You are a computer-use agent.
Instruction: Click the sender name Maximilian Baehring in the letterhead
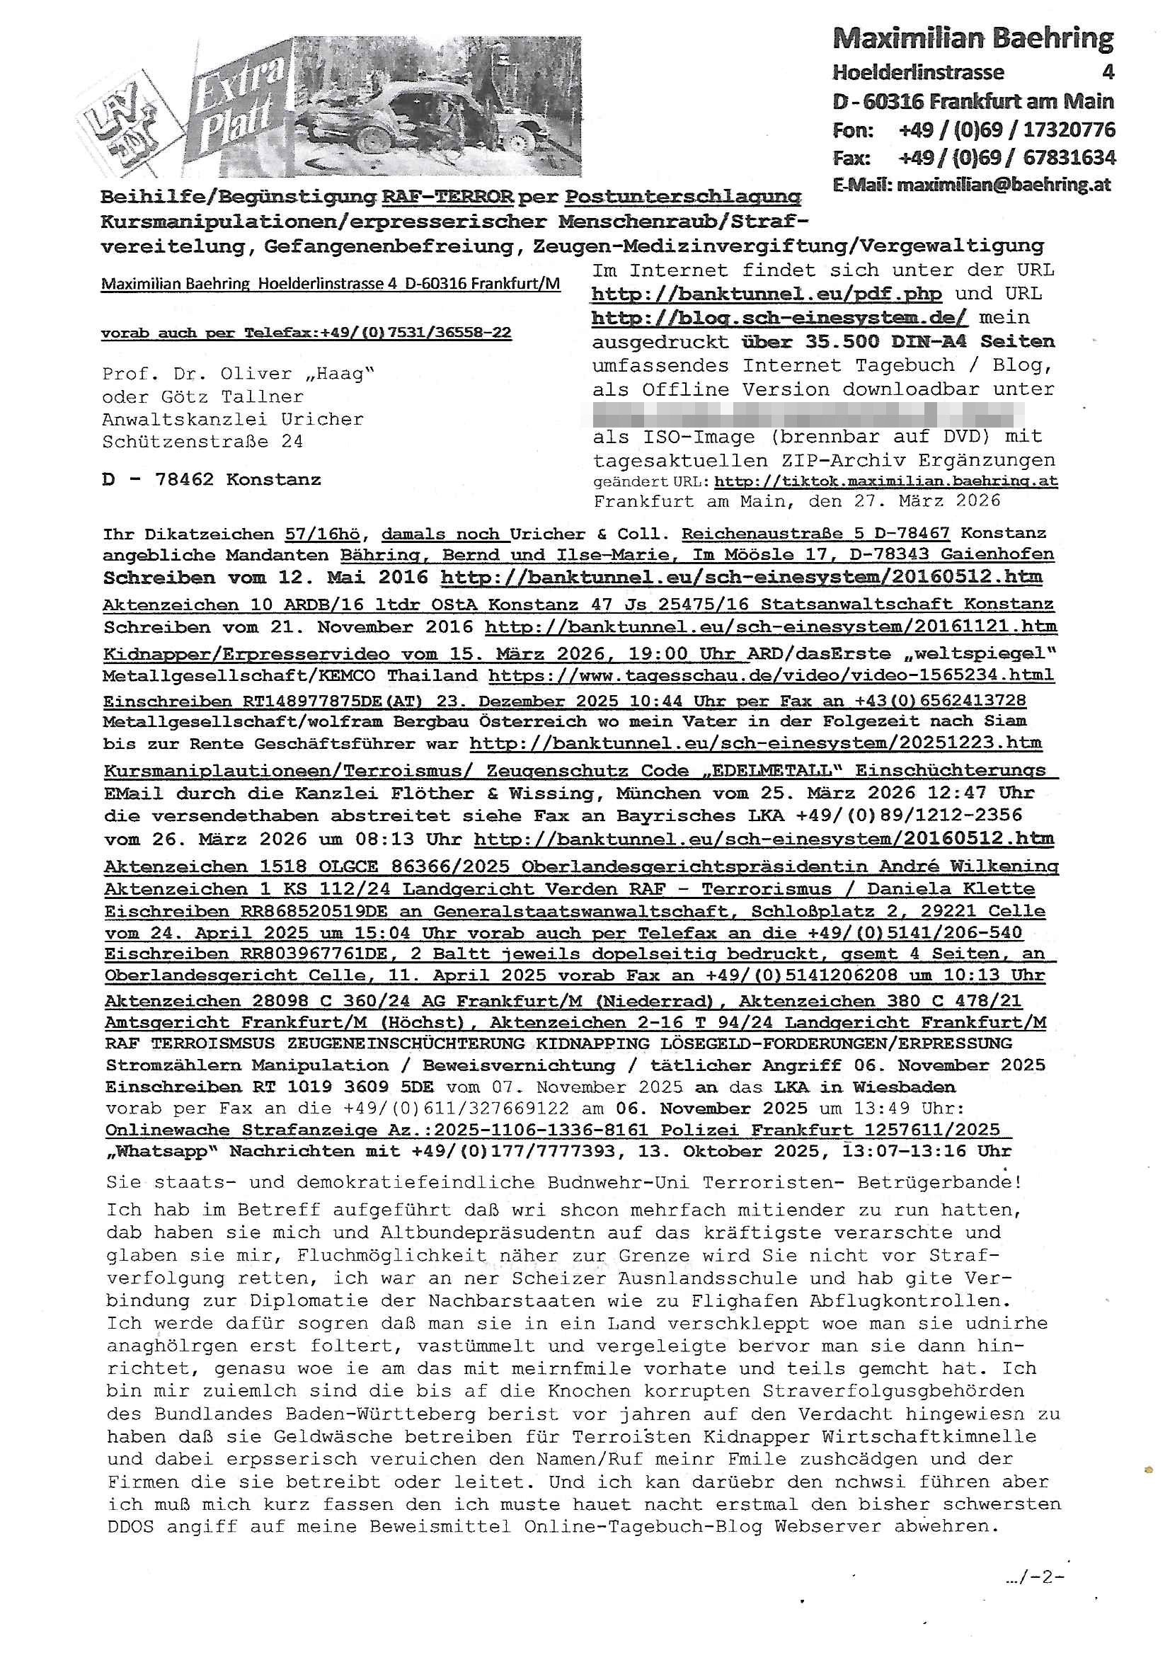click(x=973, y=38)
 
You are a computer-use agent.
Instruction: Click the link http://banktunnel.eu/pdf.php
click(x=767, y=294)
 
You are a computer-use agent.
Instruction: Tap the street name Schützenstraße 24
click(x=202, y=442)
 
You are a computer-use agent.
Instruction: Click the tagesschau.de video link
click(x=771, y=676)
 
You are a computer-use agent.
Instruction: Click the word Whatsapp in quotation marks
click(x=162, y=1152)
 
